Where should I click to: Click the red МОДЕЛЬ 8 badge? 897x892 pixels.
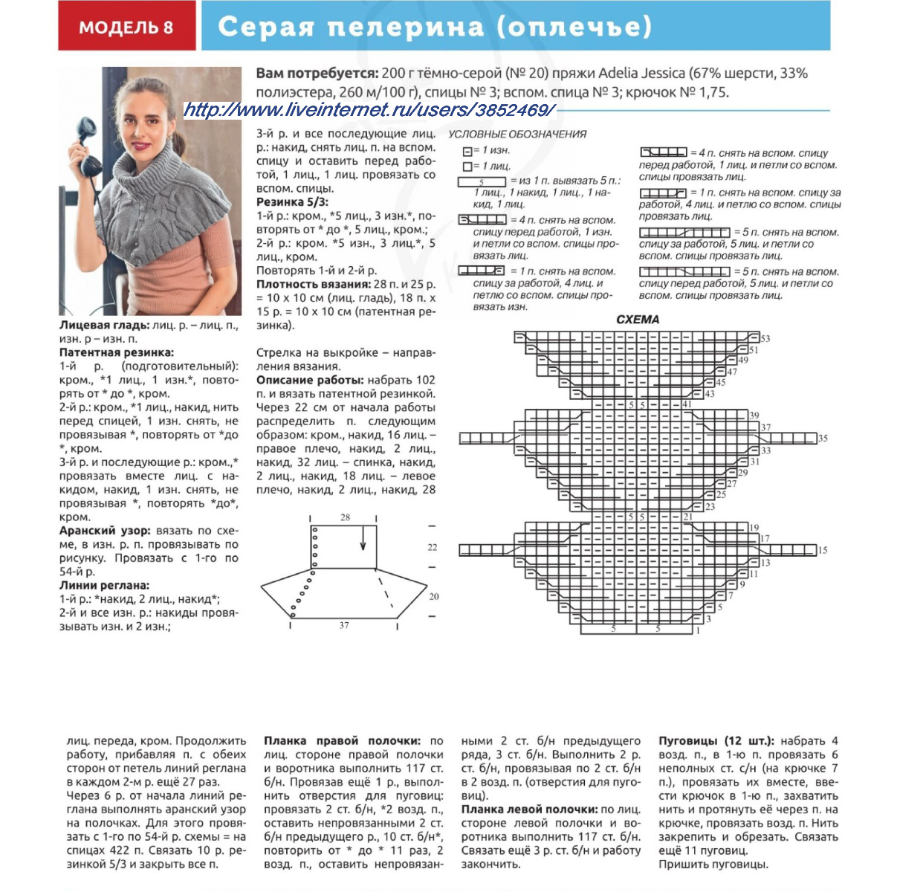tap(126, 28)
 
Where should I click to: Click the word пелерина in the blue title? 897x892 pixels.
tap(406, 28)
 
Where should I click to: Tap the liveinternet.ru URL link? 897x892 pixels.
tap(369, 111)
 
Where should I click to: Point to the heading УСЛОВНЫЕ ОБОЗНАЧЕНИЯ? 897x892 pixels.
tap(517, 135)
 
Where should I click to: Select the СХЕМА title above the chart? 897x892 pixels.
tap(638, 320)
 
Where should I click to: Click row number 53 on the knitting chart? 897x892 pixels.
tap(765, 339)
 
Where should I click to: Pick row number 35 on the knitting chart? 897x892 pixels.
tap(823, 439)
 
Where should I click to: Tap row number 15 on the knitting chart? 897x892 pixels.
tap(823, 551)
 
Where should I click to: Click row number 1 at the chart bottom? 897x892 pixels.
tap(697, 630)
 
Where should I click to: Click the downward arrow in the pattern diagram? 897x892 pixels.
tap(363, 538)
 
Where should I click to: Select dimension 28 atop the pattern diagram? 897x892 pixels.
tap(346, 517)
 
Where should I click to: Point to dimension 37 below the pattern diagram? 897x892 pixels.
tap(344, 626)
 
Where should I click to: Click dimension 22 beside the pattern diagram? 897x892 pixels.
tap(433, 547)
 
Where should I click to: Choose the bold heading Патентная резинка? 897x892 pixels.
tap(117, 352)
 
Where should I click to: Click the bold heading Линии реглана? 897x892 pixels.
tap(104, 586)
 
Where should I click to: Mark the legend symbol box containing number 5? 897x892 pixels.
tap(482, 182)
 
